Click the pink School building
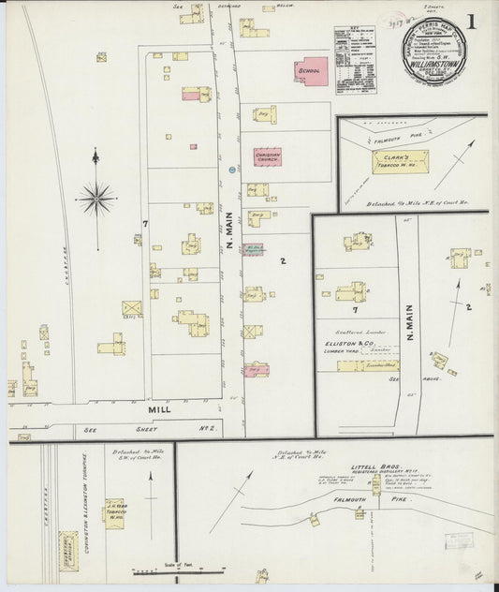click(x=310, y=70)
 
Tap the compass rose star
click(x=95, y=197)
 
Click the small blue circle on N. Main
click(x=231, y=170)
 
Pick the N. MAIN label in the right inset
click(x=410, y=322)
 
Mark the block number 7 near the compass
click(x=144, y=223)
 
